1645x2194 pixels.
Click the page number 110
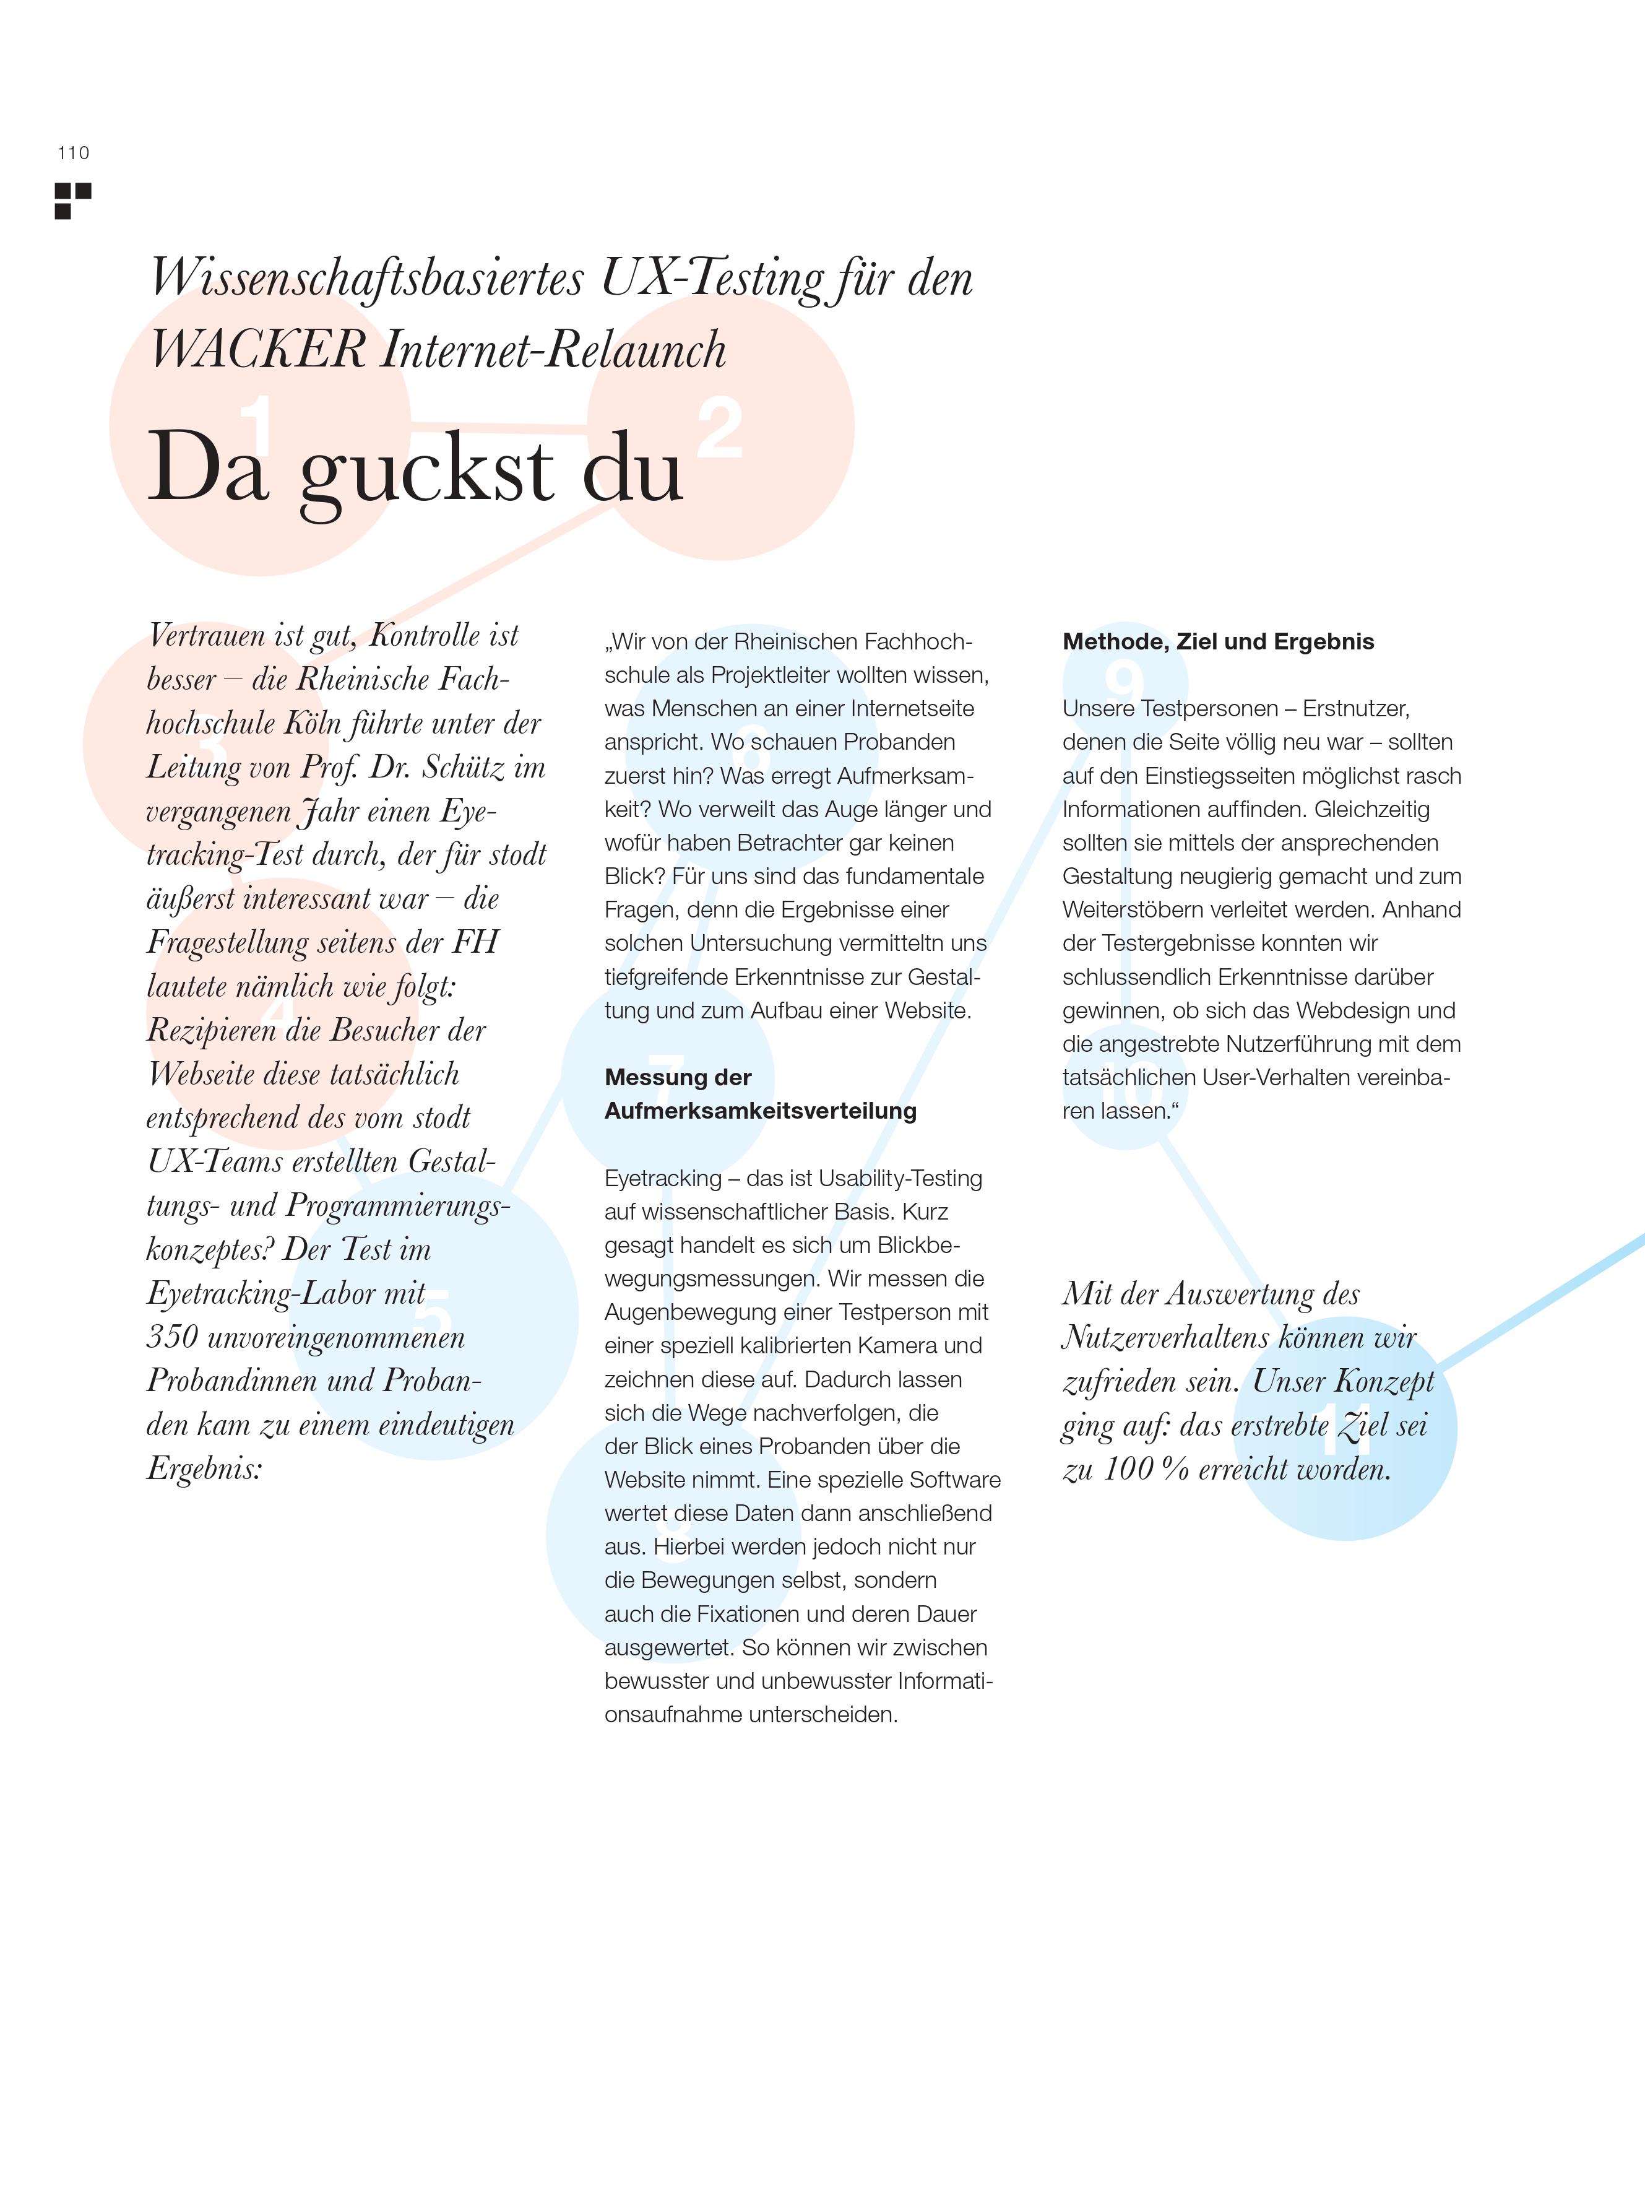coord(74,153)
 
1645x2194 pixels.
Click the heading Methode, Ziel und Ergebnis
coord(1217,642)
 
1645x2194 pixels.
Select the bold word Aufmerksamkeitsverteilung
coord(761,1111)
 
